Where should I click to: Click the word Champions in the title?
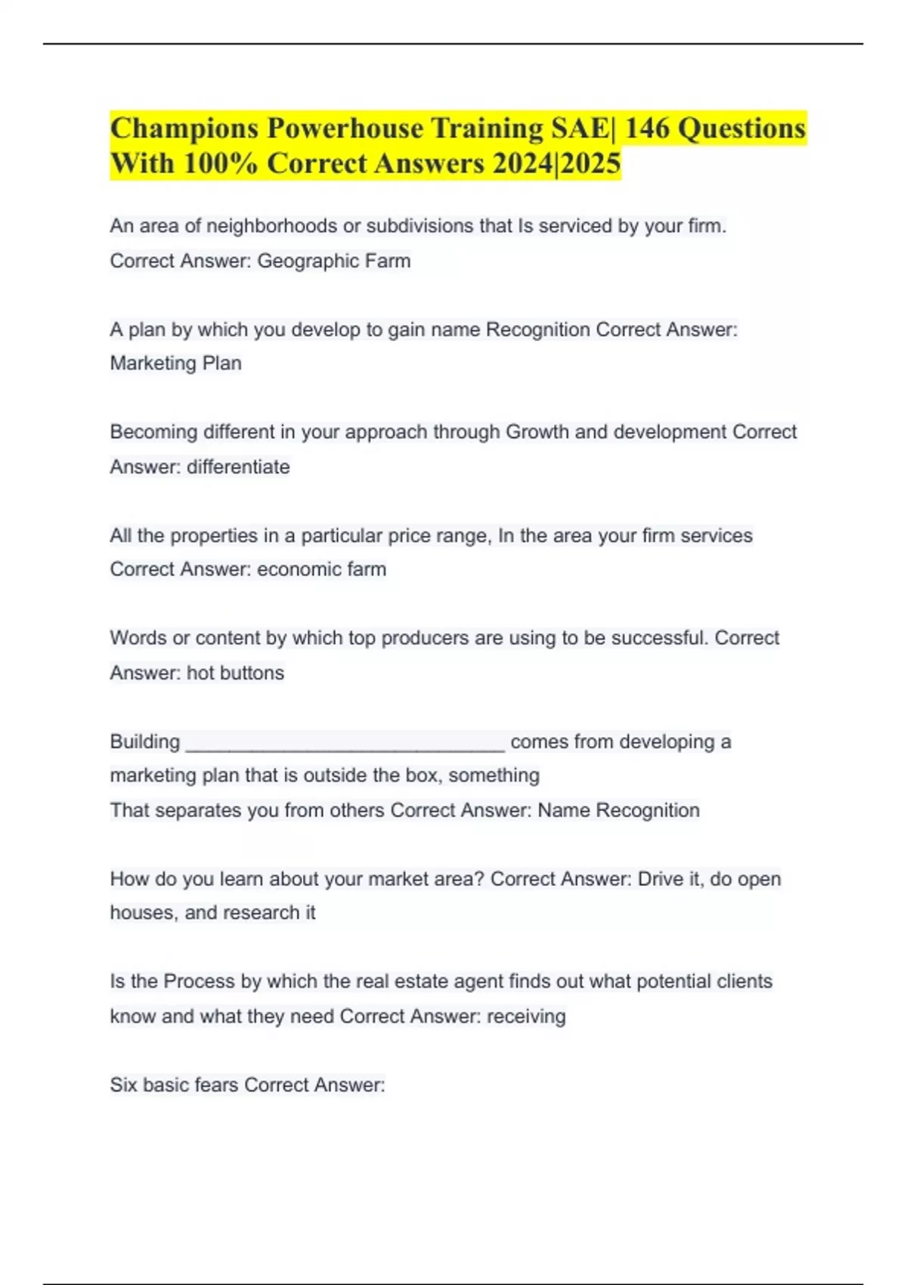click(x=184, y=128)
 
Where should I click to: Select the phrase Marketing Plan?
click(x=175, y=364)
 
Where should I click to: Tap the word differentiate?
click(x=238, y=467)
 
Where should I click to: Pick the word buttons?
click(x=252, y=673)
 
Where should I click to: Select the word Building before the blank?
click(x=145, y=742)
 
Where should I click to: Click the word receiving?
click(x=526, y=1017)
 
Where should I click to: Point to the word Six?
click(x=123, y=1085)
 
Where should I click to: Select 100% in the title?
click(x=221, y=163)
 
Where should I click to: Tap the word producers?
click(x=425, y=638)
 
